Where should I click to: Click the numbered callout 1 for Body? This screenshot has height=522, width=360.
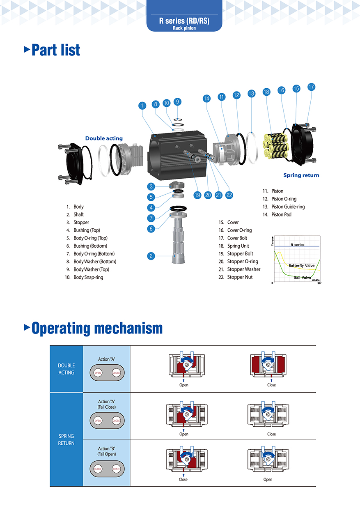[x=142, y=106]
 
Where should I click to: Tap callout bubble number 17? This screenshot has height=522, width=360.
[x=311, y=87]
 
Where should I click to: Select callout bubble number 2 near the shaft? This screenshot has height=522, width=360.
[x=151, y=256]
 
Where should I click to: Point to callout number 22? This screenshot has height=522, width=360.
[x=229, y=195]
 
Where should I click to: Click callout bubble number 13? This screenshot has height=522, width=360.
[x=251, y=94]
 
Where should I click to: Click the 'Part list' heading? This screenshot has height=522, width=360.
[x=56, y=50]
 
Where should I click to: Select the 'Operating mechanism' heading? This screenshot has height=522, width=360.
[x=97, y=328]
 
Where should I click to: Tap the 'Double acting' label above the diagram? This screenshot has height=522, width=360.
[x=104, y=138]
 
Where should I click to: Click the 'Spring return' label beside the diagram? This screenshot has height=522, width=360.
[x=301, y=175]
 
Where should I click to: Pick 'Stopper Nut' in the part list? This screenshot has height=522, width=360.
[x=240, y=277]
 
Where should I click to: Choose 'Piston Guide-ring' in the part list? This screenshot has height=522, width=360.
[x=288, y=207]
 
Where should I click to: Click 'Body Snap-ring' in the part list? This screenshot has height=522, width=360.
[x=88, y=277]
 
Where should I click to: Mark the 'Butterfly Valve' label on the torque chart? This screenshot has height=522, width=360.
[x=301, y=266]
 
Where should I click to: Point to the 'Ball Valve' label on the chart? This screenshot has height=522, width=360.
[x=303, y=278]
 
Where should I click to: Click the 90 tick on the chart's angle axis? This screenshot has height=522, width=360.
[x=319, y=283]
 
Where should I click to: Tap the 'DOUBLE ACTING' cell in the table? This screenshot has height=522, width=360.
[x=66, y=369]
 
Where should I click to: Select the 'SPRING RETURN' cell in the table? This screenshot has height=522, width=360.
[x=66, y=439]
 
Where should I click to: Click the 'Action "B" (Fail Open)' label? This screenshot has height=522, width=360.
[x=107, y=451]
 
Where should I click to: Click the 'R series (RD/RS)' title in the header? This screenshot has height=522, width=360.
[x=184, y=21]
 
